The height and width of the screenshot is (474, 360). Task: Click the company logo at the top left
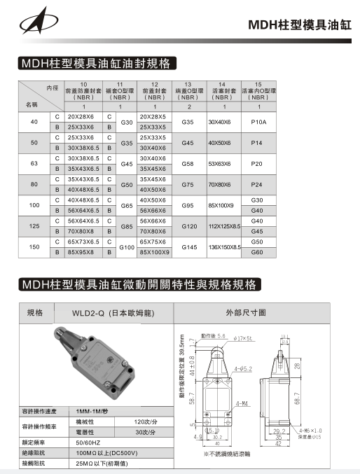click(33, 23)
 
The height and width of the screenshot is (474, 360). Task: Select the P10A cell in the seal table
click(258, 121)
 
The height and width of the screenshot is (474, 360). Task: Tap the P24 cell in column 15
click(258, 184)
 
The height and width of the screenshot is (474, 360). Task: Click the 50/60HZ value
click(90, 443)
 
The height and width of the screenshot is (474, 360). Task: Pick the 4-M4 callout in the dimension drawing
click(242, 403)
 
